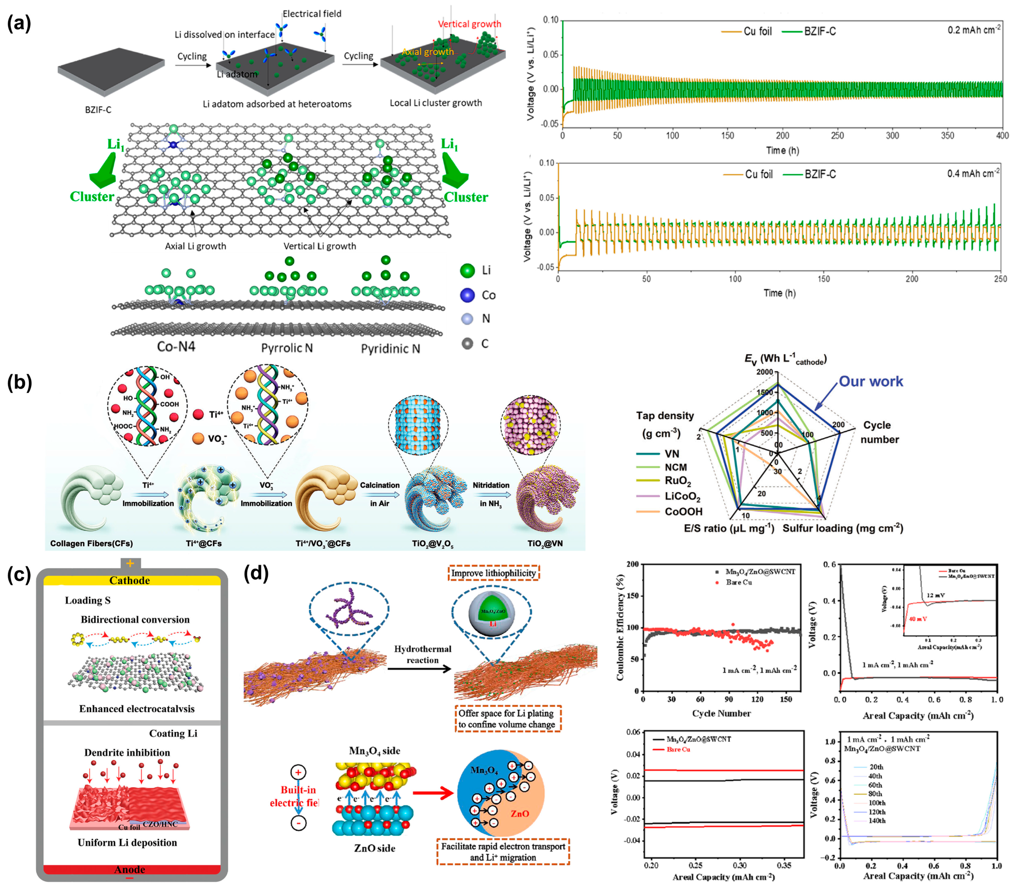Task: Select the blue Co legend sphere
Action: tap(467, 295)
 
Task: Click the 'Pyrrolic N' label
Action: tap(287, 348)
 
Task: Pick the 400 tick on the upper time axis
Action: tap(1002, 135)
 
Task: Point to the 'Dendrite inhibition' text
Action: tap(127, 753)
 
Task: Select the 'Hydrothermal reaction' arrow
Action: tap(419, 669)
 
